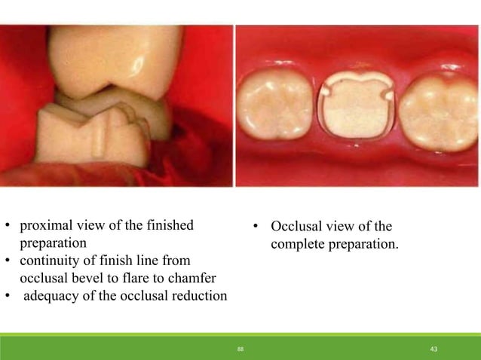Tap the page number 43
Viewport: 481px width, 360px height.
click(434, 350)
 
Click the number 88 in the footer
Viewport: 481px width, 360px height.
click(240, 350)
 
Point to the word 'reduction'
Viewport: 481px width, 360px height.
click(199, 295)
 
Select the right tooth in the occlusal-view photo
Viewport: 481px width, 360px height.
click(437, 111)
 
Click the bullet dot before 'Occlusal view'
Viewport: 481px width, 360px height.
click(256, 227)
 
